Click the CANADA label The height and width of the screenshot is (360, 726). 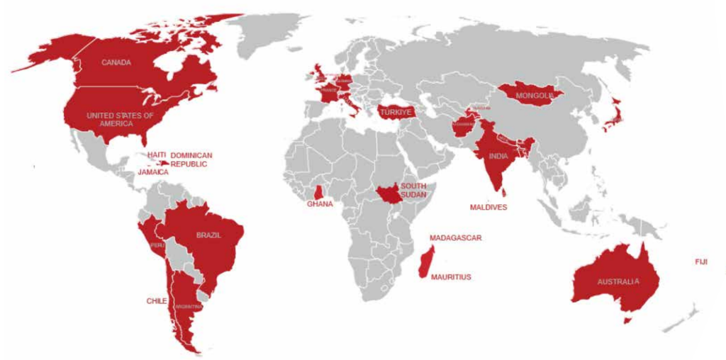click(116, 62)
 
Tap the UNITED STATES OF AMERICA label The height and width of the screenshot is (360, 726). click(120, 119)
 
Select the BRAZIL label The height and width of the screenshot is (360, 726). click(208, 235)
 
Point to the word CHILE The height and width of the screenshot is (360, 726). click(157, 301)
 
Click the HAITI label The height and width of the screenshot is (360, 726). click(157, 154)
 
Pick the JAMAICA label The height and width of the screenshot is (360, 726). click(153, 172)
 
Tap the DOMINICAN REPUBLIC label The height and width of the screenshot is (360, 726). click(191, 159)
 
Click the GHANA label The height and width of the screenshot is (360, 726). click(320, 204)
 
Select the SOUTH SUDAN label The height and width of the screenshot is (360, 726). click(413, 190)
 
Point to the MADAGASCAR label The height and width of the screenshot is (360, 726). click(455, 238)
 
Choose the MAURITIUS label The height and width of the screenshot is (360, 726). click(451, 277)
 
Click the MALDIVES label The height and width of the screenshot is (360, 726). click(488, 208)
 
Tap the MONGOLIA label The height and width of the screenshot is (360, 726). click(535, 96)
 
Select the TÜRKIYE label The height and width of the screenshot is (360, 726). click(395, 112)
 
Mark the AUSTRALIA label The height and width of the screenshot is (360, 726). click(618, 281)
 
